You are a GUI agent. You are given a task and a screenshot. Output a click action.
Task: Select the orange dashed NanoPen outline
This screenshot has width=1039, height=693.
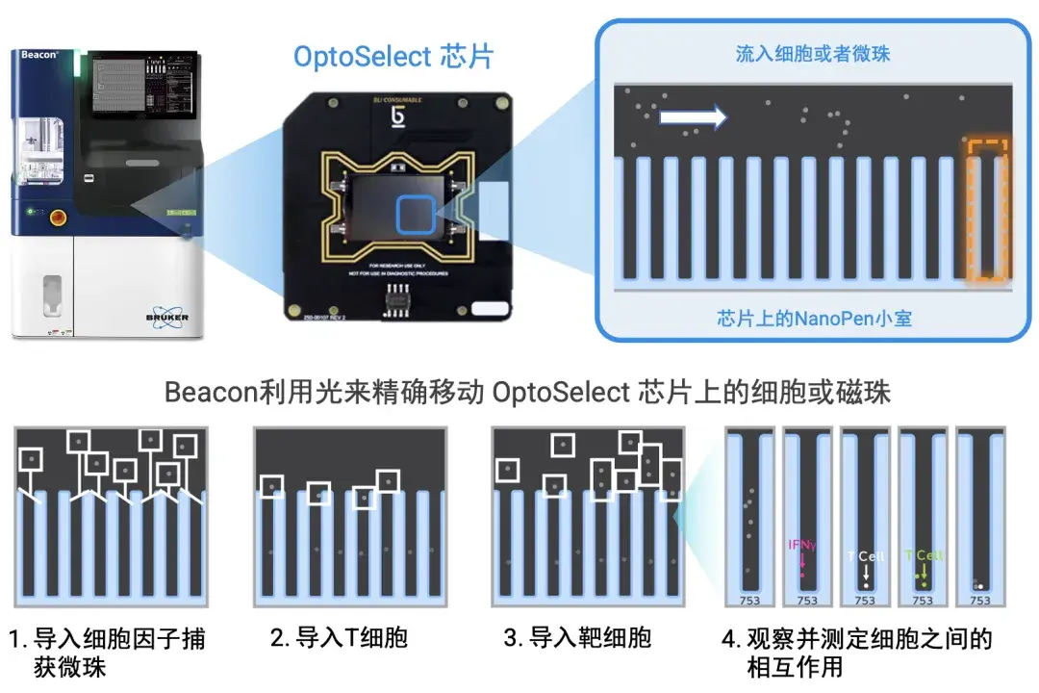(x=987, y=211)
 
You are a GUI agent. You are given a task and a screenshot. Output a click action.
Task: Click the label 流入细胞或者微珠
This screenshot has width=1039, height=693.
(x=813, y=53)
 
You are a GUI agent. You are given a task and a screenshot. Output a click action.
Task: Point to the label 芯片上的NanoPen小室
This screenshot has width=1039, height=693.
(x=814, y=318)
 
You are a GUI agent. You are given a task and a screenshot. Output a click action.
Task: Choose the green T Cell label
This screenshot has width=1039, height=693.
(x=923, y=555)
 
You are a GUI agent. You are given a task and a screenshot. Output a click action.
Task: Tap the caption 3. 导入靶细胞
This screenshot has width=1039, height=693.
(x=577, y=637)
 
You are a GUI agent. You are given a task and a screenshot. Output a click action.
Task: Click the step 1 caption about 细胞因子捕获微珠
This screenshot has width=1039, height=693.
(x=108, y=652)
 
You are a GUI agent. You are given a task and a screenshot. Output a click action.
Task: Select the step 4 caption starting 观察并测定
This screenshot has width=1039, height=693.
(x=856, y=652)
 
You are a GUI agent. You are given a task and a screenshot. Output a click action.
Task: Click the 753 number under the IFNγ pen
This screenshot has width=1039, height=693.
(x=807, y=601)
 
